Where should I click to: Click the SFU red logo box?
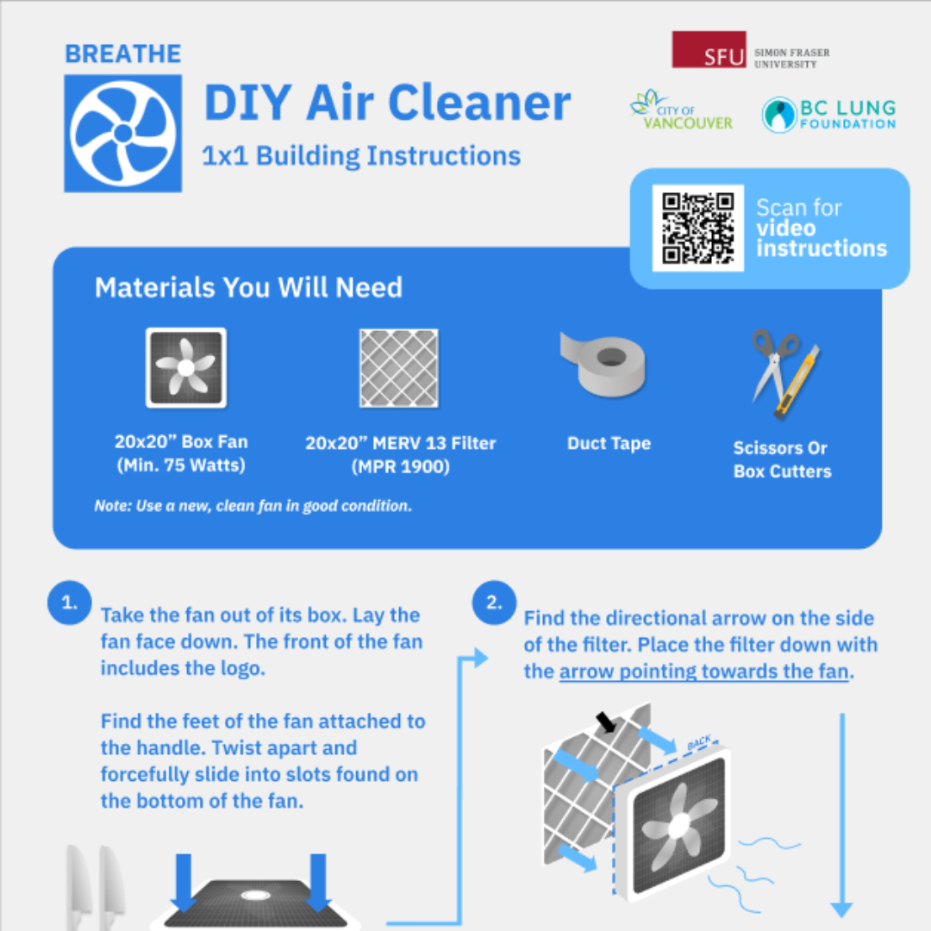pyautogui.click(x=709, y=50)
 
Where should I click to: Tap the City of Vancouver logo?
pyautogui.click(x=681, y=110)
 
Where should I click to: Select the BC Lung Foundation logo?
pyautogui.click(x=828, y=114)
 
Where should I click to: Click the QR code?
pyautogui.click(x=698, y=228)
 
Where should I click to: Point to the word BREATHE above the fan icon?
pyautogui.click(x=122, y=53)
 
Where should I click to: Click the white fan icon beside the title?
pyautogui.click(x=122, y=134)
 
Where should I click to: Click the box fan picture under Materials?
pyautogui.click(x=185, y=367)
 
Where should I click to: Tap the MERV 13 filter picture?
pyautogui.click(x=399, y=367)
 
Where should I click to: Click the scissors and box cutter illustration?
pyautogui.click(x=784, y=372)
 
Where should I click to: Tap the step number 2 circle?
pyautogui.click(x=494, y=603)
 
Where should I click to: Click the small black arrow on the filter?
pyautogui.click(x=607, y=722)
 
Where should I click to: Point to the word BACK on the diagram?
pyautogui.click(x=699, y=743)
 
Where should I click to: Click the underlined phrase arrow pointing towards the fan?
pyautogui.click(x=704, y=671)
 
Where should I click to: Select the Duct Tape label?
pyautogui.click(x=609, y=444)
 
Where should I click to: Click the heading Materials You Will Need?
pyautogui.click(x=248, y=287)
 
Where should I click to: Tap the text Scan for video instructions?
pyautogui.click(x=820, y=228)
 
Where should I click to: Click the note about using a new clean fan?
pyautogui.click(x=253, y=506)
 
